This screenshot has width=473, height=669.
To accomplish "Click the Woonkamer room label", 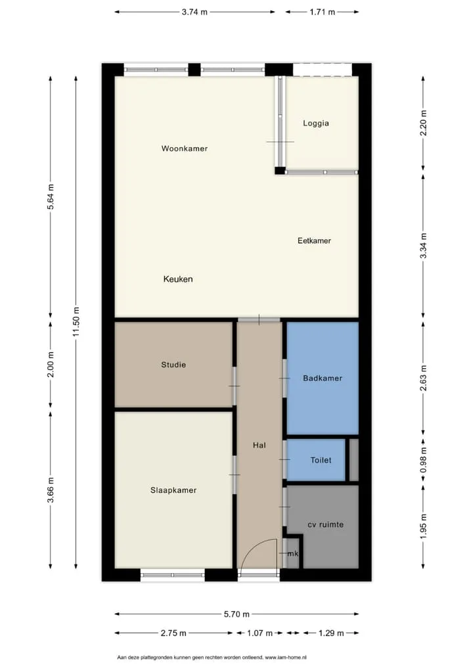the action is pos(184,149).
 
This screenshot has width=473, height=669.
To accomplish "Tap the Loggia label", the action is pos(315,124).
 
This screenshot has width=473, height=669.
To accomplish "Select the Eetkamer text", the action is pos(314,241).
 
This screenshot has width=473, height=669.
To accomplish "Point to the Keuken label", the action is pos(178,279).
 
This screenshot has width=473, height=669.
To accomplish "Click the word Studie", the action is pos(173,365).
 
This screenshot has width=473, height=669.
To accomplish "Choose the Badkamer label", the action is pos(323,378).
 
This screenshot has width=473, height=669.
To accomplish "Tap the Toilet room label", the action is pos(321,460).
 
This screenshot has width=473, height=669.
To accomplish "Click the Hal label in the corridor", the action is pos(259,445).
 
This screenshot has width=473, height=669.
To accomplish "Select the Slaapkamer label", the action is pos(173,490).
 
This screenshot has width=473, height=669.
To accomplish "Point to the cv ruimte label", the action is pos(325,525).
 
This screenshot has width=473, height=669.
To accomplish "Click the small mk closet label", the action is pos(293,554).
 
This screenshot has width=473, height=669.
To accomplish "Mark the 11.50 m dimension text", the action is pos(76,322).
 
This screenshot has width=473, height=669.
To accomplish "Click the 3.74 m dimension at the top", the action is pos(194,12).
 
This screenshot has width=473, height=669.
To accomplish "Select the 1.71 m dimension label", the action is pos(323,12).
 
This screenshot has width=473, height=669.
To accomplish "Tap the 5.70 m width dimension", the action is pos(236,614).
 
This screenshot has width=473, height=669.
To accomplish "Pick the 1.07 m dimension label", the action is pos(259,633).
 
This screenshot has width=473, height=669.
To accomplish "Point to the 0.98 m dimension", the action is pos(423,460).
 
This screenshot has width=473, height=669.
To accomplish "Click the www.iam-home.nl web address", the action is pos(285,657).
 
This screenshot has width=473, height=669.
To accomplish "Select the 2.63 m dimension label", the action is pos(423,378).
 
